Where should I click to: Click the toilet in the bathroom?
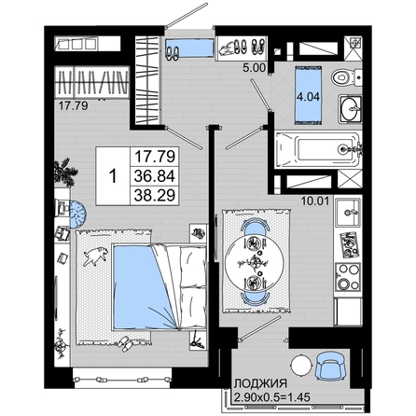point(346,77)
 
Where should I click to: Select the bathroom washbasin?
point(350,108)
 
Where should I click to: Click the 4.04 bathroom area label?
point(308,97)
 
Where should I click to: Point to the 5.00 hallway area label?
point(255,68)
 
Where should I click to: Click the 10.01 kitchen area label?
point(315,201)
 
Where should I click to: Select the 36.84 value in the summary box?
point(155,176)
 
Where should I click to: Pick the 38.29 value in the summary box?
point(155,196)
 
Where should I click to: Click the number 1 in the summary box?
point(113,176)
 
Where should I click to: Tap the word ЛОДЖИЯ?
point(260,383)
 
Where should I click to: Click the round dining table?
point(255,262)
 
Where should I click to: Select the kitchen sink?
point(348,213)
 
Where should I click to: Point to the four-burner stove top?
point(348,276)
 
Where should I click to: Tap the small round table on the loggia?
point(301,366)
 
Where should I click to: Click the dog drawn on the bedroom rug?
point(96,257)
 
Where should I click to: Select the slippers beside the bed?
point(127,343)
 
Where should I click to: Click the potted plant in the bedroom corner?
point(65,173)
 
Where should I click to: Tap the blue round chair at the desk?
point(77,214)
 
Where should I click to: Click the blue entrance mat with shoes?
point(189,48)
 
